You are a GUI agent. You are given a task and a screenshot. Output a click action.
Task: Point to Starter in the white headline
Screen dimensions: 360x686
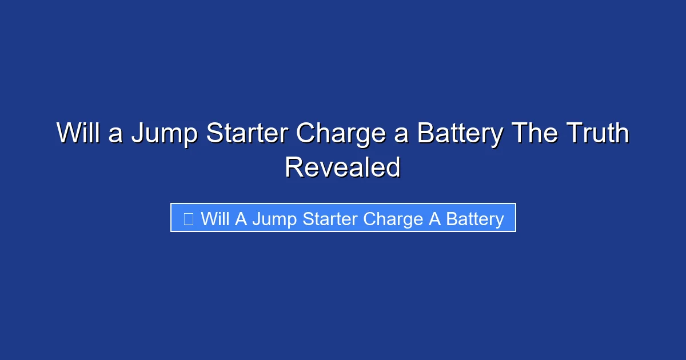coord(247,134)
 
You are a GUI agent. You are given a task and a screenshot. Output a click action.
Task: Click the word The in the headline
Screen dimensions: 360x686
coord(533,134)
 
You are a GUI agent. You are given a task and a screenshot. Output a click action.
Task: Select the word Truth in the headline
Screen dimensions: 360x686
coord(598,134)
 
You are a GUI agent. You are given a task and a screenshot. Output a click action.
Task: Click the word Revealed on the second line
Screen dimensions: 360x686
coord(343,167)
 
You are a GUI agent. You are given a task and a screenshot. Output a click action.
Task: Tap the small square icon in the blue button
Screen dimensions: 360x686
coord(189,218)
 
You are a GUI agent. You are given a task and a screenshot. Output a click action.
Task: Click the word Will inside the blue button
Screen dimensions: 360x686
coord(215,218)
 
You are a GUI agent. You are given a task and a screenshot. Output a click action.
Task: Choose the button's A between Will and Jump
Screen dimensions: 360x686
coord(240,218)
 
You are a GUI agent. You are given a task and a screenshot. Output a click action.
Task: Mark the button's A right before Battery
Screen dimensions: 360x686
coord(435,218)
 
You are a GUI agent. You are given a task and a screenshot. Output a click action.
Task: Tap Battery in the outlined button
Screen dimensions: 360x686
coord(474,219)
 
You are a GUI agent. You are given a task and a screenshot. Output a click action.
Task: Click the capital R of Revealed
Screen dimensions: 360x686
coord(295,167)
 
